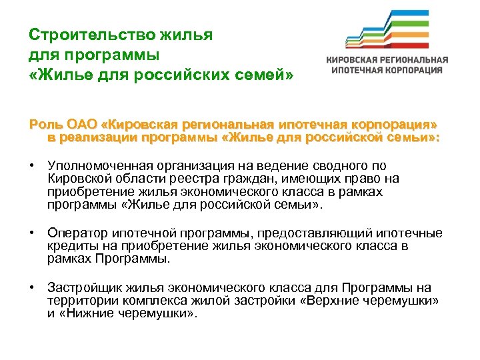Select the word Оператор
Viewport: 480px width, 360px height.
click(x=75, y=233)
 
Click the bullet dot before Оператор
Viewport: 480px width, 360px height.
click(x=31, y=233)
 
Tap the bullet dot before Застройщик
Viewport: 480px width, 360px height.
click(x=31, y=288)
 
